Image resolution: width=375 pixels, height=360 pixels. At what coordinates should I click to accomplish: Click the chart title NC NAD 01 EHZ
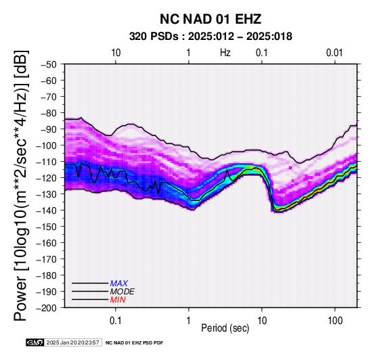(211, 19)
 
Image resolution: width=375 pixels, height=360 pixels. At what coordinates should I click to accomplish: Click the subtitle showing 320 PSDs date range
(211, 37)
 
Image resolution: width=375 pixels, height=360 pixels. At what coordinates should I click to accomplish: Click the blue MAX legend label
(119, 284)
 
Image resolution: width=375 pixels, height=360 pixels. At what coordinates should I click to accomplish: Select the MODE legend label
(123, 292)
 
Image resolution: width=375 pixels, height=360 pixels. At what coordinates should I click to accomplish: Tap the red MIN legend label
(118, 300)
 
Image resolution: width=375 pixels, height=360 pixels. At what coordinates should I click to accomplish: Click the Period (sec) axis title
(225, 328)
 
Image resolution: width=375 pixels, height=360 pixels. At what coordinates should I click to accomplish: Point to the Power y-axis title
(21, 185)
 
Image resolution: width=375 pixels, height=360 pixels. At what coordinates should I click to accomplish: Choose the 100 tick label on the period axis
(335, 320)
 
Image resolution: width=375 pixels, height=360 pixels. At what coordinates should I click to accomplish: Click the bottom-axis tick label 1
(188, 320)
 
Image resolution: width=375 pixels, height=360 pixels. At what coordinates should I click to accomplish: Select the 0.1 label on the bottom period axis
(116, 320)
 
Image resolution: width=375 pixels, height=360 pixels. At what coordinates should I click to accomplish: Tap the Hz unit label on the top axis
(225, 53)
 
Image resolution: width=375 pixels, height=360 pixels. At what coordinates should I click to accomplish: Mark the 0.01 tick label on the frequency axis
(334, 53)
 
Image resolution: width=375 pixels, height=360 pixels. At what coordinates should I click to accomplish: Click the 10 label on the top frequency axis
(116, 53)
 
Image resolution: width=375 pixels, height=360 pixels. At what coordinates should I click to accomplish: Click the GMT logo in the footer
(35, 342)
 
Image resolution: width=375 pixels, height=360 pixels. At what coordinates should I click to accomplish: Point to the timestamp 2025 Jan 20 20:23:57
(72, 342)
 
